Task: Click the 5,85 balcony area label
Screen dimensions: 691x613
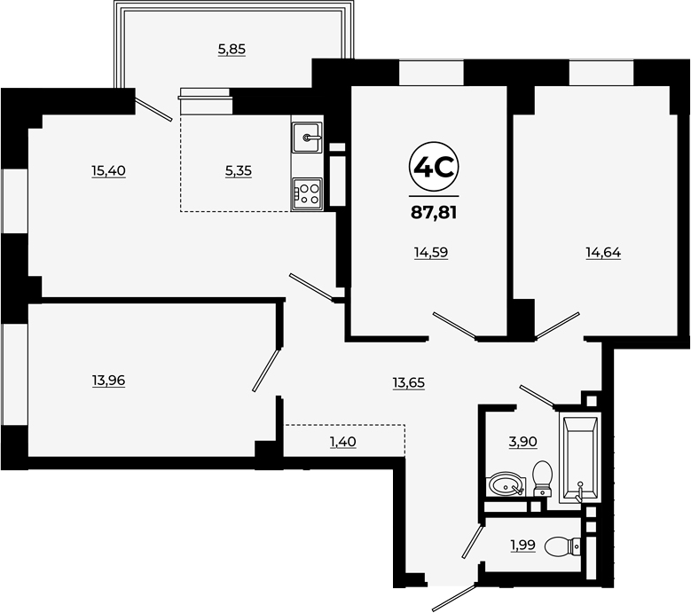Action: (232, 50)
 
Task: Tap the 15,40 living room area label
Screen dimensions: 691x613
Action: (109, 170)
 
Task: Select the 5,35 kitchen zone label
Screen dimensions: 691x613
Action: (239, 170)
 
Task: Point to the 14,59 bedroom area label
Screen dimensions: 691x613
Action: (431, 253)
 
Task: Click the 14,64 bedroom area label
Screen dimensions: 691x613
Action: (603, 253)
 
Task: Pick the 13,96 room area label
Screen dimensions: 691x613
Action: (109, 380)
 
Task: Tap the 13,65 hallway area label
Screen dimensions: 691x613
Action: (409, 382)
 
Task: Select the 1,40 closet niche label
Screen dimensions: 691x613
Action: (343, 442)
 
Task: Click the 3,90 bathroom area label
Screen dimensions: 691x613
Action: (523, 442)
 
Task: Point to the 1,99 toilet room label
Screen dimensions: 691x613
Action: (523, 545)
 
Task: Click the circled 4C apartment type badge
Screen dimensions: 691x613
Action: (434, 167)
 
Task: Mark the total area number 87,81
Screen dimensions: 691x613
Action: (434, 213)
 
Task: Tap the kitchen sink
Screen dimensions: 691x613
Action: (307, 138)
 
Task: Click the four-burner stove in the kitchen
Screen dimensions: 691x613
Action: (307, 194)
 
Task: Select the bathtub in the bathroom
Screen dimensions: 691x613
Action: (580, 458)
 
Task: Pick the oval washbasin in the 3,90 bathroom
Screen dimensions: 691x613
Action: (506, 483)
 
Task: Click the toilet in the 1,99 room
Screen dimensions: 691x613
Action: (562, 546)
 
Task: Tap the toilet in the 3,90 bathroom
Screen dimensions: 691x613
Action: (543, 478)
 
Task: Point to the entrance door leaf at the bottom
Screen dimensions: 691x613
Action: (454, 598)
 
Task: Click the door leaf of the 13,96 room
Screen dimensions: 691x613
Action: (267, 370)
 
